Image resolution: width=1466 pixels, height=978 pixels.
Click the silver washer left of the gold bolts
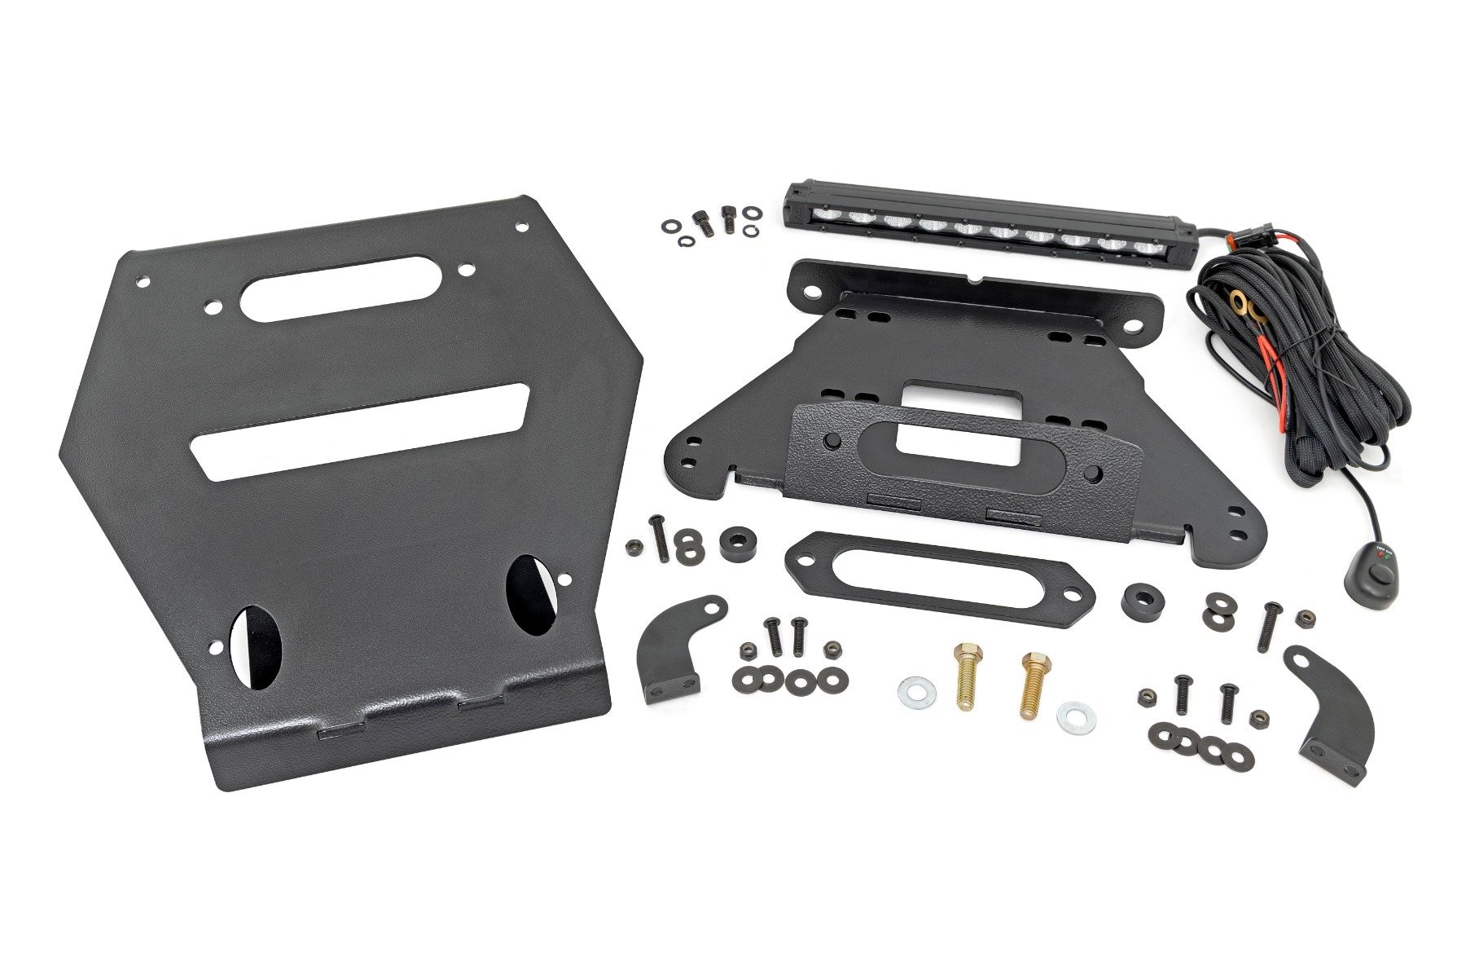pos(912,694)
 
